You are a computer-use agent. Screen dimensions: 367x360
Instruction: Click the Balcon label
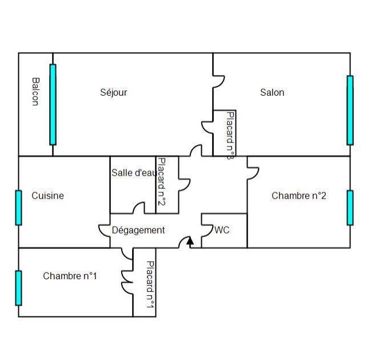click(35, 92)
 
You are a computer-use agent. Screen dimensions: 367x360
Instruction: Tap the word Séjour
click(113, 92)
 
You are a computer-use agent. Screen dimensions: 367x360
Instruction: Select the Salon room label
click(272, 92)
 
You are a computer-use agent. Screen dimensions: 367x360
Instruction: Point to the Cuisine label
click(47, 196)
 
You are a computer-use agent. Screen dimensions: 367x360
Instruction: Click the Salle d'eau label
click(133, 172)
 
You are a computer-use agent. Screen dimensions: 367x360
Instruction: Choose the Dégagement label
click(138, 230)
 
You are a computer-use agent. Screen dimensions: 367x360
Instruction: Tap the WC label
click(222, 230)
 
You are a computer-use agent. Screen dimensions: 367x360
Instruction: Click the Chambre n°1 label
click(70, 276)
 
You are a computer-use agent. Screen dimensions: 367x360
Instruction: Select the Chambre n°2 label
click(299, 196)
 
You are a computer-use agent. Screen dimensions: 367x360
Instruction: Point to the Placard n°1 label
click(150, 284)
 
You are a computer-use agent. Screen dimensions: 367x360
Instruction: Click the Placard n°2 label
click(161, 182)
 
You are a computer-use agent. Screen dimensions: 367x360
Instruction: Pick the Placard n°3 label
click(230, 135)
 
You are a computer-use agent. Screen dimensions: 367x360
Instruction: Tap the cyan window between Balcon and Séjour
click(53, 104)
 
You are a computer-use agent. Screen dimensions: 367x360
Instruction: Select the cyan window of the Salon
click(350, 110)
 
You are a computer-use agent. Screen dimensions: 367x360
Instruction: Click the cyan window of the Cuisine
click(18, 207)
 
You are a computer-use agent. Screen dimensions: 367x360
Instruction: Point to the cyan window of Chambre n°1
click(18, 288)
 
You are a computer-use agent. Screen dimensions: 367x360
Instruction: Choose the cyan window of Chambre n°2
click(350, 207)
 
